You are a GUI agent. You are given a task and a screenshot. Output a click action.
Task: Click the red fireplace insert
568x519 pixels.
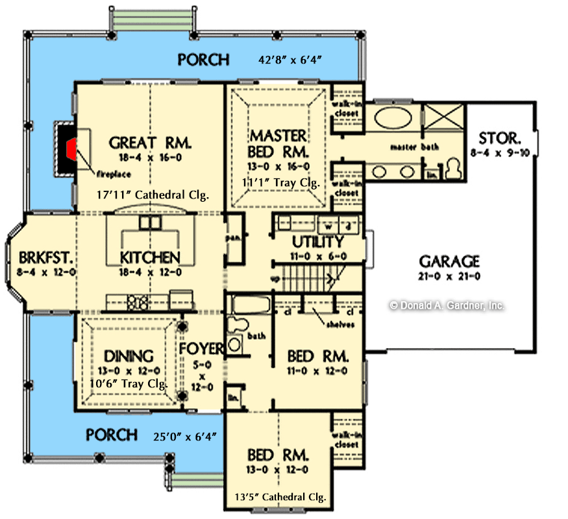click(x=70, y=149)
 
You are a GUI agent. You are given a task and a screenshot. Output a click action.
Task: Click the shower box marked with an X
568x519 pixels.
click(x=443, y=120)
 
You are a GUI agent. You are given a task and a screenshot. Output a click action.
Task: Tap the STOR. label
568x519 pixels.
click(x=498, y=138)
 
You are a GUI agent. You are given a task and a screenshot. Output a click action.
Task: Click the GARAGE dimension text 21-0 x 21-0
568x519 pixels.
click(x=449, y=277)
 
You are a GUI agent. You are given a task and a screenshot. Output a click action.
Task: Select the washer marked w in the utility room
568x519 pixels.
click(x=328, y=226)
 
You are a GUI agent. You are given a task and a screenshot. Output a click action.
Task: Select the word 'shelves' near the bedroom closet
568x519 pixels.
click(x=340, y=324)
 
